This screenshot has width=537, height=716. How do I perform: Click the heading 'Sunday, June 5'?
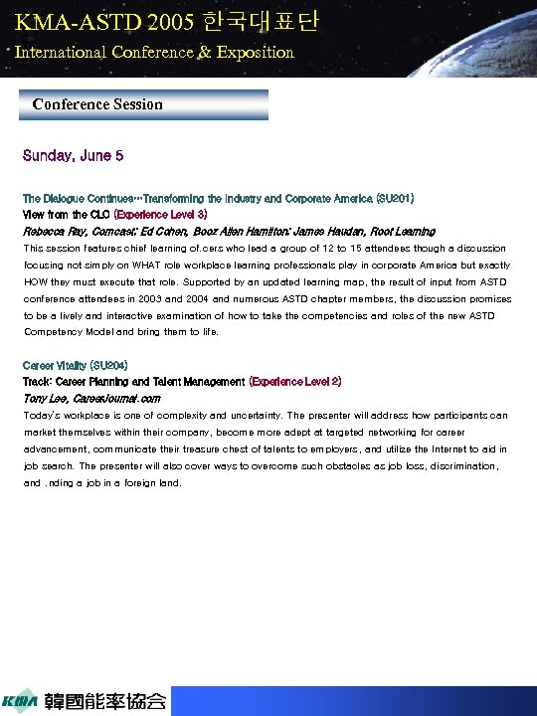tap(74, 156)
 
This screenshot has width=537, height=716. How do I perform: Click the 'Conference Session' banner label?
tap(97, 104)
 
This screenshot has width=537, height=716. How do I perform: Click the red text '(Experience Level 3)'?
tap(160, 214)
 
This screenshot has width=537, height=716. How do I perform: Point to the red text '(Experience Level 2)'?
tap(295, 381)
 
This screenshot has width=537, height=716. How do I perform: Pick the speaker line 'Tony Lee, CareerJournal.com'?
tap(91, 398)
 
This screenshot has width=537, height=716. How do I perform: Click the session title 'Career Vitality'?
tap(55, 366)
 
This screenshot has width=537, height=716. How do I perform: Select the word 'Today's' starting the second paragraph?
tap(44, 415)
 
